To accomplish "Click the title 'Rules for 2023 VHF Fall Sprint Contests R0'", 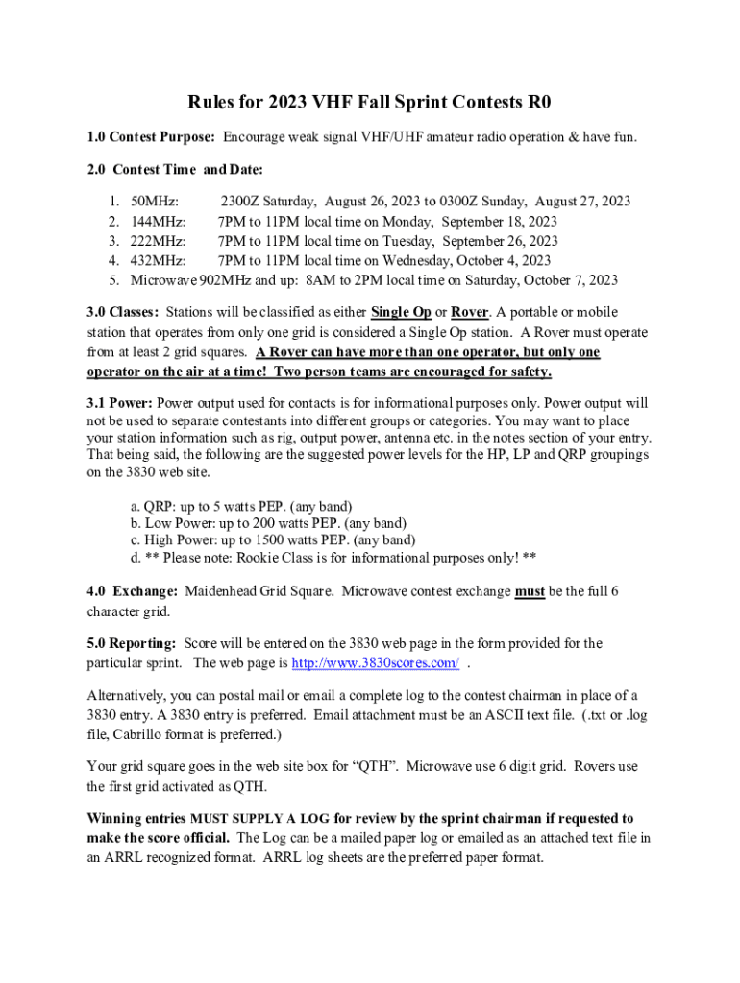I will (x=369, y=103).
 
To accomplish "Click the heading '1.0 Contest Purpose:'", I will (x=152, y=138).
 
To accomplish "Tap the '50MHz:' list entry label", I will (x=154, y=201).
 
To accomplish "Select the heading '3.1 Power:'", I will (x=120, y=403).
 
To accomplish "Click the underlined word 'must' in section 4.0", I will (x=530, y=592).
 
